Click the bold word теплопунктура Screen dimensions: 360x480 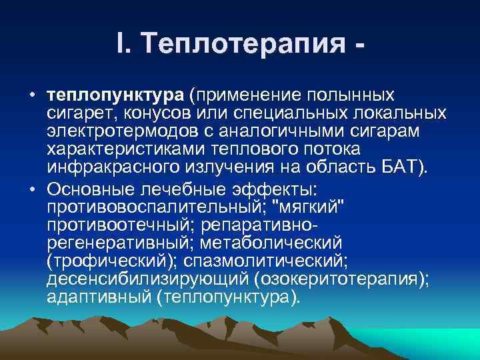(117, 92)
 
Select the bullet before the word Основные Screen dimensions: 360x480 (31, 185)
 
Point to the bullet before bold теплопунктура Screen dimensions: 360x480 (31, 92)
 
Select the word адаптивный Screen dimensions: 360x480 (99, 297)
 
